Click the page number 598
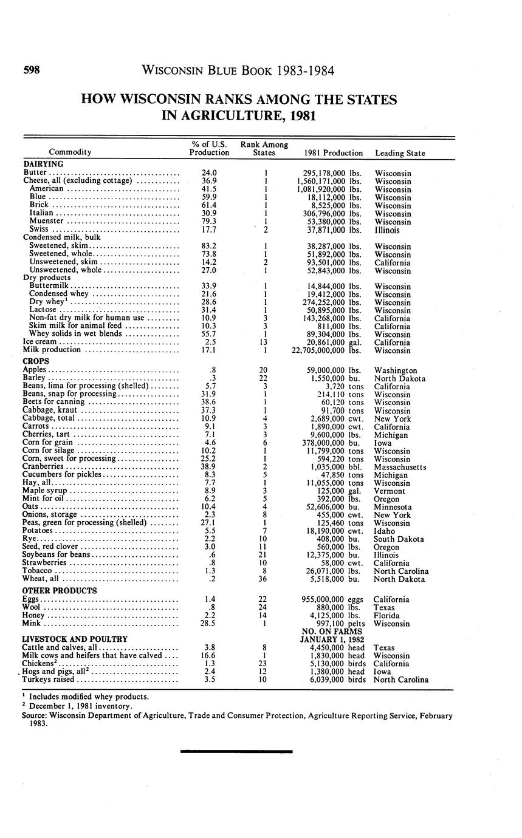coord(32,70)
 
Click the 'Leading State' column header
coord(400,153)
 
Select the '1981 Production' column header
coord(333,153)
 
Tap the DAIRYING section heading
coord(43,164)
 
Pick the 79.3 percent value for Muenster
coord(209,222)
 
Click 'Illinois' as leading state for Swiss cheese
coord(387,230)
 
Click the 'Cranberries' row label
coord(43,467)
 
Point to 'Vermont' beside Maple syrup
coord(388,491)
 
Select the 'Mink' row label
coord(32,623)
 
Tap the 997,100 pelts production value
coord(332,623)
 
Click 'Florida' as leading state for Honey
coord(386,615)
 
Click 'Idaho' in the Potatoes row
coord(384,531)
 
